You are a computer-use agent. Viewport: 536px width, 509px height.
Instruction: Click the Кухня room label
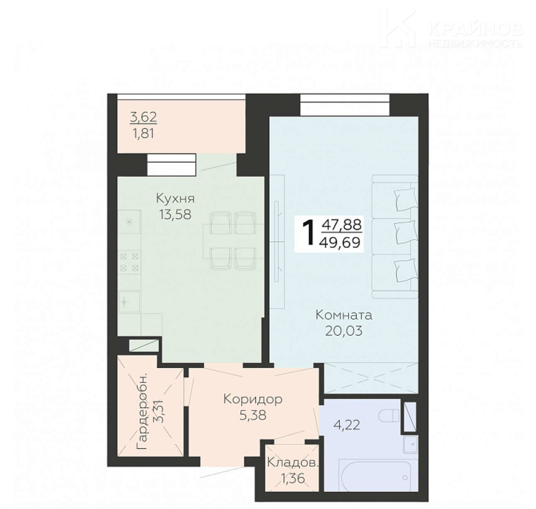point(175,198)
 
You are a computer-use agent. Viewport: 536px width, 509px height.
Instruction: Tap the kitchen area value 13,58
point(175,215)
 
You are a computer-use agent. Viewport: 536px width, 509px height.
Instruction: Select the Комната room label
point(344,315)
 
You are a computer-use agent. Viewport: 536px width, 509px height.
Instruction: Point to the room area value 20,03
point(344,331)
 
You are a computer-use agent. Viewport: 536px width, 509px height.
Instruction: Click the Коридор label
point(253,399)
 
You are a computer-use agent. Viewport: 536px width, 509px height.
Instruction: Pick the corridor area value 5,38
point(253,416)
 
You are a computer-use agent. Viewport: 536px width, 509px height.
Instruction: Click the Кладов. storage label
point(293,463)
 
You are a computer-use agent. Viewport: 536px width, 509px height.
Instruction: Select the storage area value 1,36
point(293,478)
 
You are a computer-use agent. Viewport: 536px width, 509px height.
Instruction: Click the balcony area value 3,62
point(143,117)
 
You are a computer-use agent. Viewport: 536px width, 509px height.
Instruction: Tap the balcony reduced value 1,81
point(143,134)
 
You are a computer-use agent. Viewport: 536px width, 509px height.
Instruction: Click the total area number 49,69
point(341,242)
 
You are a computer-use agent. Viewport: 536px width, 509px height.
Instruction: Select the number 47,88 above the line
point(342,225)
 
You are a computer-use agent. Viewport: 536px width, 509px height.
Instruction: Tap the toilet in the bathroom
point(389,416)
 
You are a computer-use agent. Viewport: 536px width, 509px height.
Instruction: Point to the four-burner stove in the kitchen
point(130,262)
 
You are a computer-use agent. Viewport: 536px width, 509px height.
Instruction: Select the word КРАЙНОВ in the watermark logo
point(475,29)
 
